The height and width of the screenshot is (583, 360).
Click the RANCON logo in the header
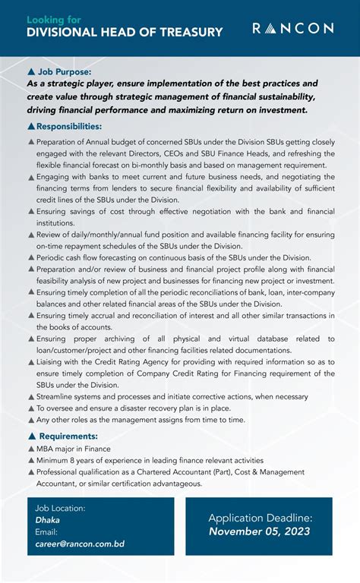292,29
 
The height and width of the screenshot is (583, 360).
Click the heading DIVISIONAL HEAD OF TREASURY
125,33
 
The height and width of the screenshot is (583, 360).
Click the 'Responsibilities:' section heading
69,126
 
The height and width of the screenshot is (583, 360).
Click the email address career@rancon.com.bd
80,544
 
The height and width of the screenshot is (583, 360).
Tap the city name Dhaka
47,521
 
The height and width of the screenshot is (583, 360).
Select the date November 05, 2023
260,531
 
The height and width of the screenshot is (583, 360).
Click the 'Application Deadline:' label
260,517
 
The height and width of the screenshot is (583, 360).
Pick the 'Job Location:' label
61,508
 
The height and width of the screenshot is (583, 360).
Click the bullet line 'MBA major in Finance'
73,449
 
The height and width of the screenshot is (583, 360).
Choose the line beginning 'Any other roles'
141,419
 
